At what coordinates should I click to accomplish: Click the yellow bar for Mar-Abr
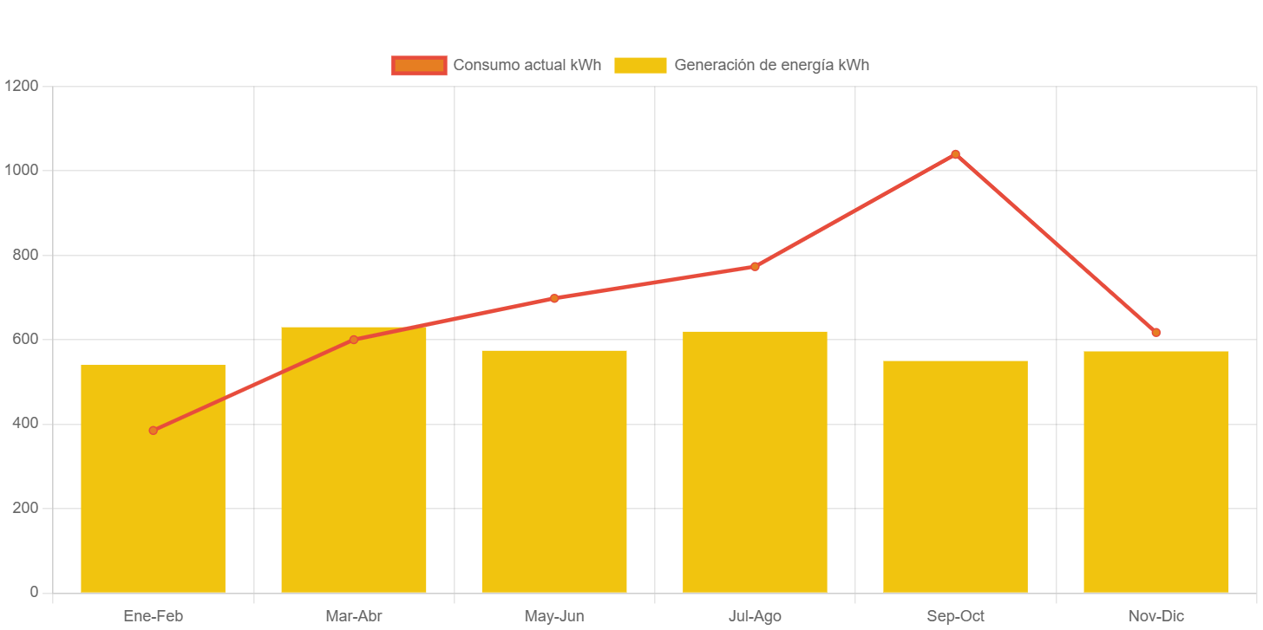pyautogui.click(x=353, y=468)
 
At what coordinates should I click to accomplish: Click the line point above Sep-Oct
pyautogui.click(x=955, y=154)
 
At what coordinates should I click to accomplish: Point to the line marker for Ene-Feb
pyautogui.click(x=153, y=430)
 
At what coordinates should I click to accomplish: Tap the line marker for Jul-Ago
pyautogui.click(x=755, y=266)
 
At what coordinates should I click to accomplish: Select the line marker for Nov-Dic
pyautogui.click(x=1155, y=332)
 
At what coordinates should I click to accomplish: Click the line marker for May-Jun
pyautogui.click(x=554, y=298)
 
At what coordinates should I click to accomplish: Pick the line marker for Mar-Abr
pyautogui.click(x=353, y=340)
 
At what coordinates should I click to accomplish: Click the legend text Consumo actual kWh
pyautogui.click(x=527, y=65)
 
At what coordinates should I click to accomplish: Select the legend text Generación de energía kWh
pyautogui.click(x=771, y=65)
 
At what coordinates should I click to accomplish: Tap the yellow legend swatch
pyautogui.click(x=640, y=65)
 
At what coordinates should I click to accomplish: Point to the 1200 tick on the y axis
pyautogui.click(x=21, y=86)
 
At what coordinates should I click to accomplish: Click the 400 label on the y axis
pyautogui.click(x=23, y=423)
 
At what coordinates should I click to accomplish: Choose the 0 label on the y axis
pyautogui.click(x=34, y=592)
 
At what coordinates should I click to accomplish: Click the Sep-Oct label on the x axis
pyautogui.click(x=955, y=616)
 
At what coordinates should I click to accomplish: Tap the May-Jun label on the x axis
pyautogui.click(x=554, y=616)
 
